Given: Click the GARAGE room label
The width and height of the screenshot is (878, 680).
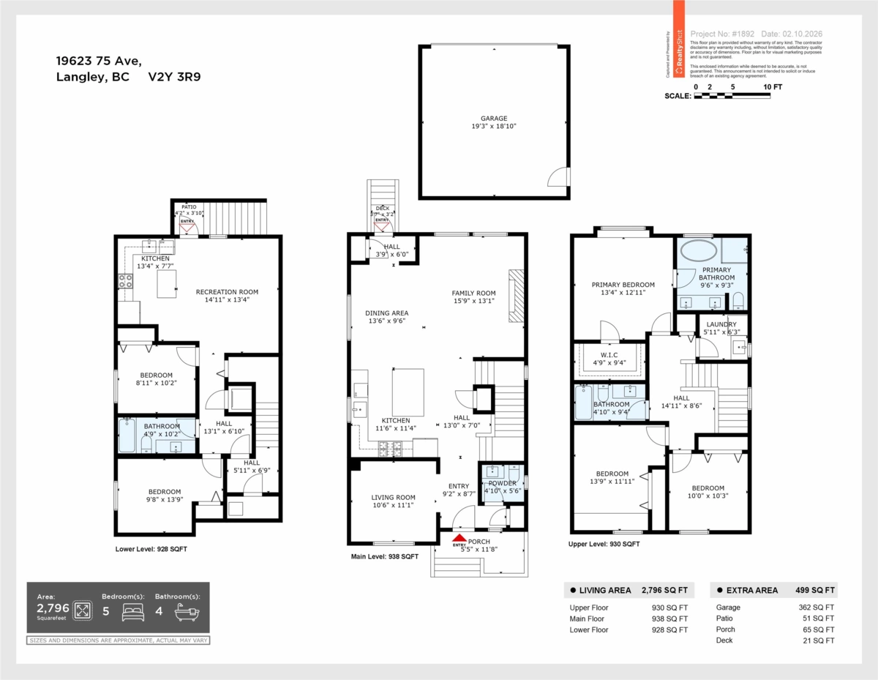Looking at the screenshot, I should pos(493,118).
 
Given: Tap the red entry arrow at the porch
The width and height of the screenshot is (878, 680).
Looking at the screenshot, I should pos(459,538).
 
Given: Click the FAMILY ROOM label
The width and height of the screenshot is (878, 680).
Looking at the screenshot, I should pos(473,294).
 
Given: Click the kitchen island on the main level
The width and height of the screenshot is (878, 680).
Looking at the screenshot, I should pos(408,392).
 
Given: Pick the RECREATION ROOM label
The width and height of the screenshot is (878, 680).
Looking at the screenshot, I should pos(227,292).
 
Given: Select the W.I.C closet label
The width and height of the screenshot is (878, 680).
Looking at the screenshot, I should pos(608,354).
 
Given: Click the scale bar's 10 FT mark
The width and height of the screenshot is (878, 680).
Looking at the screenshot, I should pos(772,87).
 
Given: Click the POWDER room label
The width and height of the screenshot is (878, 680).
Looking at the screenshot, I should pos(502,483).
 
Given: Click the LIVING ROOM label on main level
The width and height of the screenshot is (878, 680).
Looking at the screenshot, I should pos(393,498).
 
